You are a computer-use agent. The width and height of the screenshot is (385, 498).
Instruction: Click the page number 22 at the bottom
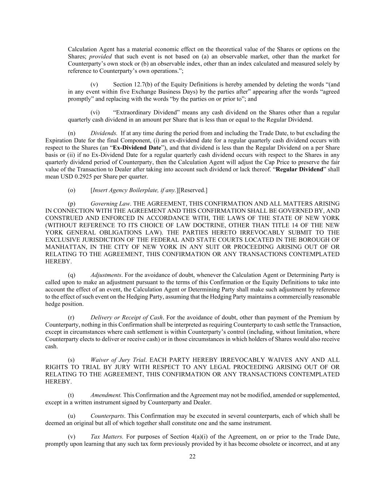(x=192, y=456)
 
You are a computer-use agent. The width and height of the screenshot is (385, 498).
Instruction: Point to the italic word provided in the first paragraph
(x=100, y=57)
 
